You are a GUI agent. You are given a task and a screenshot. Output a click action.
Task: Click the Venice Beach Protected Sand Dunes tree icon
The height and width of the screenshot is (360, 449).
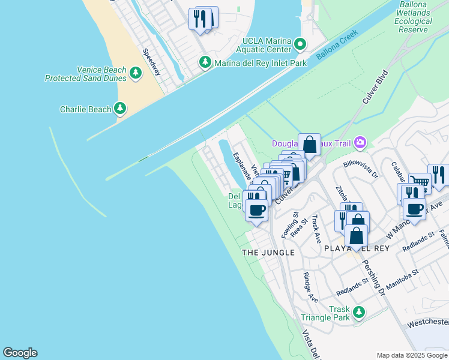(x=136, y=73)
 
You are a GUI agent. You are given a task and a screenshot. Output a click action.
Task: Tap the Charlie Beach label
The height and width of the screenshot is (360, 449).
(x=85, y=109)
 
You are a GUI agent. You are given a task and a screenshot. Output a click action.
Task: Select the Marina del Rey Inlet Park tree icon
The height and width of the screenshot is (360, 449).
(x=205, y=62)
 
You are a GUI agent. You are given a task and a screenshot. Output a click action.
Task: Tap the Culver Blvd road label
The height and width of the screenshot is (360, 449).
(x=373, y=95)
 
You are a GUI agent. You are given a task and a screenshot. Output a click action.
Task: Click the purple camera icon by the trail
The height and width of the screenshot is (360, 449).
(x=360, y=142)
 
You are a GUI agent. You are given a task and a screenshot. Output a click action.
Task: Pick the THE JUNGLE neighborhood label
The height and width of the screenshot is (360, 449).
(x=268, y=253)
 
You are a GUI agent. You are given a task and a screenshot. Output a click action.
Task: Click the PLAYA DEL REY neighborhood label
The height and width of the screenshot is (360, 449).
(x=357, y=248)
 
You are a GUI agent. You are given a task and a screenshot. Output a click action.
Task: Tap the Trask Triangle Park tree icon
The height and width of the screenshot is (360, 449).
(x=359, y=312)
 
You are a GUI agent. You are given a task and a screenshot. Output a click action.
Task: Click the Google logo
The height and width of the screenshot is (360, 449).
(x=20, y=353)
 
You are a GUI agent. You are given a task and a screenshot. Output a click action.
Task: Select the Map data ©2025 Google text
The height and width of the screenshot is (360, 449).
(x=411, y=355)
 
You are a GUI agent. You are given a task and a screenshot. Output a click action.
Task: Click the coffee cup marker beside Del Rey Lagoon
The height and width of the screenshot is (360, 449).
(x=256, y=211)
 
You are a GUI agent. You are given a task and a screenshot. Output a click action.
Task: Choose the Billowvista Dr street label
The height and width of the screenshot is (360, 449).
(x=361, y=170)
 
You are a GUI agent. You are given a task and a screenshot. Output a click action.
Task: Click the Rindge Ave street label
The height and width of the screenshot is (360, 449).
(x=310, y=287)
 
